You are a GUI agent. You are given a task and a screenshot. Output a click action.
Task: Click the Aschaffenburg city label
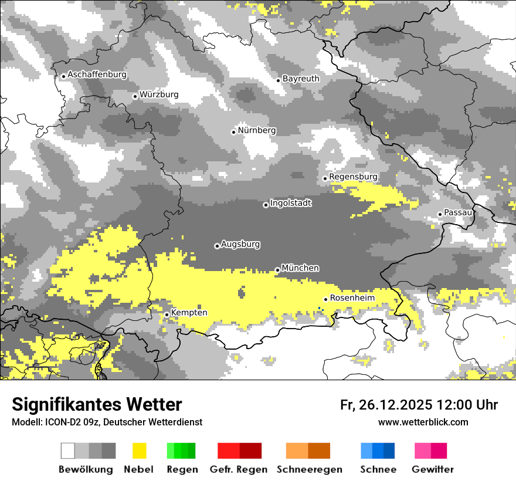[97, 75]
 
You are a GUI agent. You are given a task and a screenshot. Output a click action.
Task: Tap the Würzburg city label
[159, 94]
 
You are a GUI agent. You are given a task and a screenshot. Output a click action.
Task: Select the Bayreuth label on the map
[301, 79]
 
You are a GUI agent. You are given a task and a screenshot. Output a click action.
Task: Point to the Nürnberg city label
[257, 130]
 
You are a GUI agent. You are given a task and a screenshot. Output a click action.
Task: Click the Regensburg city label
[353, 177]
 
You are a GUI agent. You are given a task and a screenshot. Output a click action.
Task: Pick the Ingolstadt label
[291, 203]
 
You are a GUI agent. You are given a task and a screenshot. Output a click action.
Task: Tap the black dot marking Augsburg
[217, 246]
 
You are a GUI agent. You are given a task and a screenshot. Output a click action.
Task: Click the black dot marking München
[277, 270]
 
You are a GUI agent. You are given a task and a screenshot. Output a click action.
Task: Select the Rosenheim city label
[352, 298]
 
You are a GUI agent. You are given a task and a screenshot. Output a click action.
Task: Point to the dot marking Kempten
[167, 314]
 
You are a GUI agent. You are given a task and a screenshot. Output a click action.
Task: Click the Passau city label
[458, 212]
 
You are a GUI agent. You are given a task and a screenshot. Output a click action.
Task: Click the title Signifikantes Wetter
[97, 405]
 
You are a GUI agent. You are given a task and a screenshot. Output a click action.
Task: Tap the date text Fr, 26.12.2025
[386, 405]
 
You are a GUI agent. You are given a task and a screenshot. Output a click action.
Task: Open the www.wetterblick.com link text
[423, 422]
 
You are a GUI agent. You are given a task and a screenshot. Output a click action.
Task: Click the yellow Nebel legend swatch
[139, 451]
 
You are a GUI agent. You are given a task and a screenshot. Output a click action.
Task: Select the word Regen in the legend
[182, 469]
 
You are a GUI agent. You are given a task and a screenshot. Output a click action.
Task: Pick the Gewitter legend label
[432, 469]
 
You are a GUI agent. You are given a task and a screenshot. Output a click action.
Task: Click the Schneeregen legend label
[309, 469]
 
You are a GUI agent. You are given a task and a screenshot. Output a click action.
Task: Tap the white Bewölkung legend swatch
[68, 451]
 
